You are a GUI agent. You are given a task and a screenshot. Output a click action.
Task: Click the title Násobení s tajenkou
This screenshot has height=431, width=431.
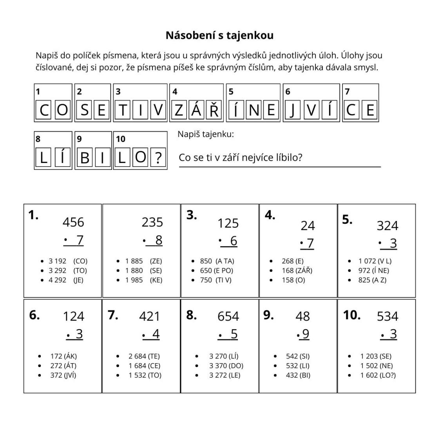coord(219,35)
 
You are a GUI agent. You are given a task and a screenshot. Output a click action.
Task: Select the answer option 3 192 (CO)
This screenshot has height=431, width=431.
coord(68,261)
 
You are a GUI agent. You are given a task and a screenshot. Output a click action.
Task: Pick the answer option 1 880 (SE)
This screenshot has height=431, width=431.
coord(143,270)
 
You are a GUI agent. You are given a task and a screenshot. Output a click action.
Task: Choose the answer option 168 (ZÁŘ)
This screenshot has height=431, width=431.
coord(297,270)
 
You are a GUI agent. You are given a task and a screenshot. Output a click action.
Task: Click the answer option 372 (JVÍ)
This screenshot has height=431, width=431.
coord(63,375)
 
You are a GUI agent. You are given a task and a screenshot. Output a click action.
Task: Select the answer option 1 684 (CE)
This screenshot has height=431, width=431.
coord(144,366)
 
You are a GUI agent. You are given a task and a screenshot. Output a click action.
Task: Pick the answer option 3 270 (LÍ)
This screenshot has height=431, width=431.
coord(223,356)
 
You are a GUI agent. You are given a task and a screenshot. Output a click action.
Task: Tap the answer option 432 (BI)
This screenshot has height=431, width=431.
coord(298,375)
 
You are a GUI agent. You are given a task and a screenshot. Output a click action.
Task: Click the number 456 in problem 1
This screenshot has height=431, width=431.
coord(73,222)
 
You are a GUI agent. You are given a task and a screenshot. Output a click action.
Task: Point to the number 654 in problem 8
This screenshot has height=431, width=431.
coord(228,316)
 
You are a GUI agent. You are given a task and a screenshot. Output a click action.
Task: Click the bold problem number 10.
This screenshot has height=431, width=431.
coord(351,315)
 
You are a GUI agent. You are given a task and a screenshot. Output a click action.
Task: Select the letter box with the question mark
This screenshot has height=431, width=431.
coord(158,158)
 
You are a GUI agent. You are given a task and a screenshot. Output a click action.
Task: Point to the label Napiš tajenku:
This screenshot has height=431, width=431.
coord(205,134)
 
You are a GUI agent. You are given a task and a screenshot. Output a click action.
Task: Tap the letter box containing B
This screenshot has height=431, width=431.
coord(85,158)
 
